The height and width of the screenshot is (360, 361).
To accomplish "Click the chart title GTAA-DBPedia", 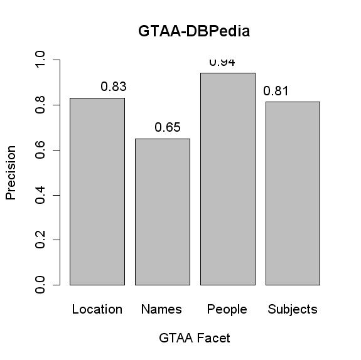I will click(194, 31).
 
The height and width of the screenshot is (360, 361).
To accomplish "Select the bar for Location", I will click(97, 191).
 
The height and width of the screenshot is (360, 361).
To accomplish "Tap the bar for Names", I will click(162, 211).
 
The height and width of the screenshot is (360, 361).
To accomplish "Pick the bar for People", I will click(227, 179).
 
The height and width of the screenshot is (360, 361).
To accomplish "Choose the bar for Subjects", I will click(293, 193).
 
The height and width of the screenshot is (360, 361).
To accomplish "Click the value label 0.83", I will click(114, 87).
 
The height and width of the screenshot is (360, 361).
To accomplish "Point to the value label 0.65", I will click(168, 128).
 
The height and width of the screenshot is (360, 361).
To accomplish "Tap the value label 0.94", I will click(222, 62).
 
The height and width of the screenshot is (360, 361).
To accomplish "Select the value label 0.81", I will click(276, 91).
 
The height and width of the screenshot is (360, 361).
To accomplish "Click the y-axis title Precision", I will click(11, 172).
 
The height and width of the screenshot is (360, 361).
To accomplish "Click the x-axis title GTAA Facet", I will click(195, 338).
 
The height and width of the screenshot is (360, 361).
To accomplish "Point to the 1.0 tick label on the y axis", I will click(41, 60).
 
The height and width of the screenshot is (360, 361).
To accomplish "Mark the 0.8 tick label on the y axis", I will click(41, 105).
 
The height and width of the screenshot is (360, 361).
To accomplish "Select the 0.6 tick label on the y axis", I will click(41, 151).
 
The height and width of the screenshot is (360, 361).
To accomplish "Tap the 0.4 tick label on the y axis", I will click(41, 195).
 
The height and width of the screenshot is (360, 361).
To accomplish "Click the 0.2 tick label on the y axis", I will click(41, 240).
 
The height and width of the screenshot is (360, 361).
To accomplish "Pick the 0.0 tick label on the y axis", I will click(41, 285).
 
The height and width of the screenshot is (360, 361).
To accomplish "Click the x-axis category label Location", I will click(97, 309).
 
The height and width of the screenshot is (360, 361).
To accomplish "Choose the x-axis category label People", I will click(227, 309).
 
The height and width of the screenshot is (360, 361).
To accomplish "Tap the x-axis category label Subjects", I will click(293, 309).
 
